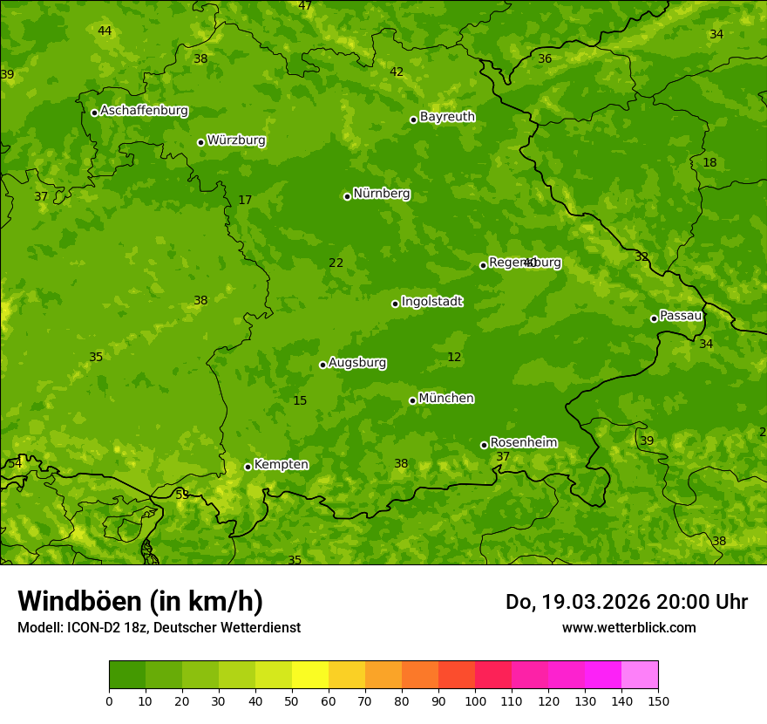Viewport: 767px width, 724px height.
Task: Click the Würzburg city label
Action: pyautogui.click(x=236, y=140)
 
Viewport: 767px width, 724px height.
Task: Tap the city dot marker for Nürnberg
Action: pyautogui.click(x=347, y=196)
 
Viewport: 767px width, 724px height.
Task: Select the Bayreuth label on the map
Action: pyautogui.click(x=447, y=117)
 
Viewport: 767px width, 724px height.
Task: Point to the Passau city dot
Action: pyautogui.click(x=654, y=318)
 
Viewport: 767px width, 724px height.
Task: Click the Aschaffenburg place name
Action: pyautogui.click(x=144, y=111)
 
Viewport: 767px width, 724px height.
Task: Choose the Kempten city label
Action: pyautogui.click(x=281, y=465)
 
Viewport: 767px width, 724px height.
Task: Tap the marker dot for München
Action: pyautogui.click(x=412, y=400)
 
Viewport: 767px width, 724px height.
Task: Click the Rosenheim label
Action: pyautogui.click(x=523, y=443)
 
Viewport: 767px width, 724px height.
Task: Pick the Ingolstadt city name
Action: pyautogui.click(x=431, y=302)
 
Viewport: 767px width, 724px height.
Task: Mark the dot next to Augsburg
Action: pyautogui.click(x=322, y=365)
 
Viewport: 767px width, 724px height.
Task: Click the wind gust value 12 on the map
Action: pyautogui.click(x=454, y=357)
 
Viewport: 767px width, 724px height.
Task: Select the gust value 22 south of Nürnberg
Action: pyautogui.click(x=336, y=263)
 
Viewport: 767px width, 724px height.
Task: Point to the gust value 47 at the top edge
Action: pyautogui.click(x=305, y=6)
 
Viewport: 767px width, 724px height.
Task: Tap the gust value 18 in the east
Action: pyautogui.click(x=709, y=163)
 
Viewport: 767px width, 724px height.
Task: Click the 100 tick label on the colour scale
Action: pyautogui.click(x=475, y=701)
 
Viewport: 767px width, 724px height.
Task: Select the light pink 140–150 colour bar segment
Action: pyautogui.click(x=640, y=675)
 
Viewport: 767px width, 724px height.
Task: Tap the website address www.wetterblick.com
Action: pyautogui.click(x=628, y=627)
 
